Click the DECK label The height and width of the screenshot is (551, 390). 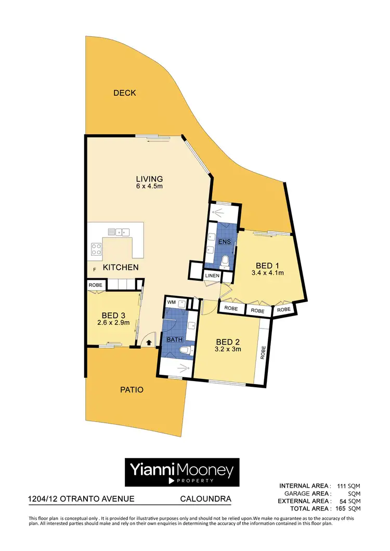click(124, 93)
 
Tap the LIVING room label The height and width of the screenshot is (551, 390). click(150, 178)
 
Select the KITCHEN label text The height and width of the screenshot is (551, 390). click(120, 267)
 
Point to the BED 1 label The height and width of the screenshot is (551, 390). click(262, 264)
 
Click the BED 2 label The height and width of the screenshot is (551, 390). click(228, 342)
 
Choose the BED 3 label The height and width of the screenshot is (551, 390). click(113, 315)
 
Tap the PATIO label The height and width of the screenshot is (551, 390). click(132, 389)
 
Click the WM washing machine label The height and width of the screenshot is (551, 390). click(172, 302)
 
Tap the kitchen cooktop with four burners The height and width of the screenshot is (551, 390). click(97, 249)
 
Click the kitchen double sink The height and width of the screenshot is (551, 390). click(117, 232)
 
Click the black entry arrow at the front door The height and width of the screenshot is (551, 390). click(149, 343)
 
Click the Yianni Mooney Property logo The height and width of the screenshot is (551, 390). click(181, 473)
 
